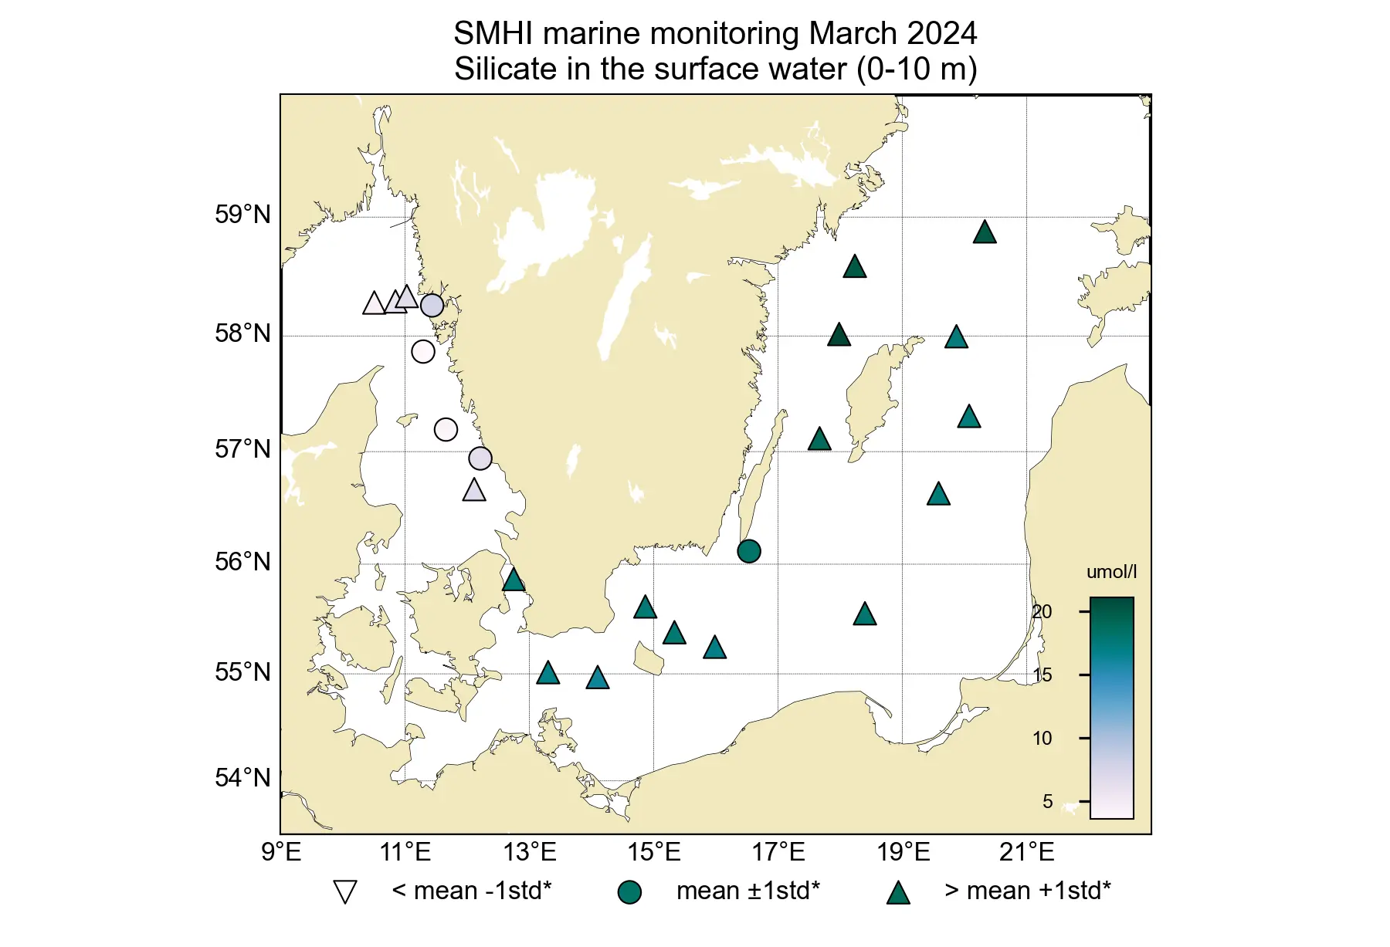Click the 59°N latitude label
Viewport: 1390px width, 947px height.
coord(242,215)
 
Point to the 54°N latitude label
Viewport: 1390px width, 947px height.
coord(242,778)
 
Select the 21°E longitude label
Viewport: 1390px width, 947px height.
coord(1026,853)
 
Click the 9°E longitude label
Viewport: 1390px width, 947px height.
coord(281,853)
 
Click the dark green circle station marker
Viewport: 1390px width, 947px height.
coord(748,551)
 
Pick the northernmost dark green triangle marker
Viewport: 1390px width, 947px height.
coord(985,232)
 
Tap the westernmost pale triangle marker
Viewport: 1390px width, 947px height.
coord(374,304)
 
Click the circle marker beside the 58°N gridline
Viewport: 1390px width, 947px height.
coord(423,352)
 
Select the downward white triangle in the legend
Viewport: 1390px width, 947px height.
coord(344,891)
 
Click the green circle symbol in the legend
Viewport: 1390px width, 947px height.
coord(629,892)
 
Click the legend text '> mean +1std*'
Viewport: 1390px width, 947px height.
coord(1027,891)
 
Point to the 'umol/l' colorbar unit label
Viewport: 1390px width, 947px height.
coord(1111,572)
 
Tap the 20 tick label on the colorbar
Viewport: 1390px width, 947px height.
coord(1042,612)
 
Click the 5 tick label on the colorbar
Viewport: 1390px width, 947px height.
coord(1047,802)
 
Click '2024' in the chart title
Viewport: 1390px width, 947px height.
coord(941,34)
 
